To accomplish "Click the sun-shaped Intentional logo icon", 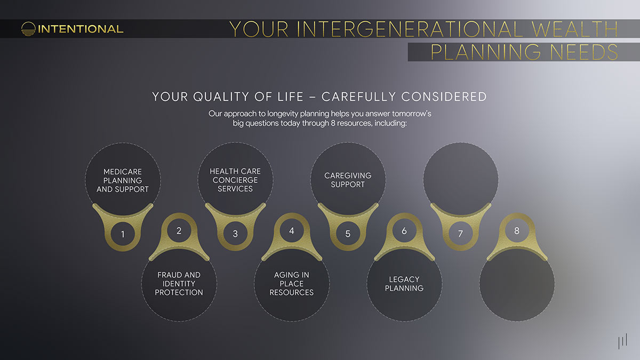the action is (x=28, y=29).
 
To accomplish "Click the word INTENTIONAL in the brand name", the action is (x=81, y=29).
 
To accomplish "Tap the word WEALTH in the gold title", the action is (x=574, y=29).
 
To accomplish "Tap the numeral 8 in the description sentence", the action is (x=333, y=123).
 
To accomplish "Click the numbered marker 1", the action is (x=123, y=234).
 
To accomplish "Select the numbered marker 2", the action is (x=179, y=230).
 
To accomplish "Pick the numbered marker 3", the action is (x=235, y=234).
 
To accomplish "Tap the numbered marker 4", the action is (x=291, y=230).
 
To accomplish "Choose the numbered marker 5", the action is (x=348, y=234).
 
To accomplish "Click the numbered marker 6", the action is (x=404, y=230).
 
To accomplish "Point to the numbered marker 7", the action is (x=460, y=234).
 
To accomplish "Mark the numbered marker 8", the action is (x=517, y=230).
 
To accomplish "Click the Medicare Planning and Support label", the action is (x=123, y=180).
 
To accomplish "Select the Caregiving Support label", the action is (x=348, y=180).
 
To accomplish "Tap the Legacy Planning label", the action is (x=404, y=284).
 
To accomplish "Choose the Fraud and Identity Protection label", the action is (x=179, y=284).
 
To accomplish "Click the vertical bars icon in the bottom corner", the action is (x=623, y=341).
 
